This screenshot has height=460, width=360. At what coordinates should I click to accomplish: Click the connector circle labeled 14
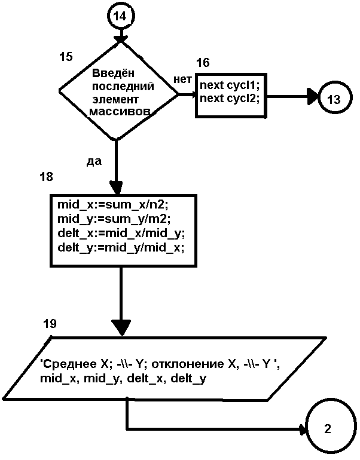(120, 16)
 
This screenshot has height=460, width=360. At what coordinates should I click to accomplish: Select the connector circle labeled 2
(327, 428)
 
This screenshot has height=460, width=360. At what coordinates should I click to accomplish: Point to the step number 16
(203, 63)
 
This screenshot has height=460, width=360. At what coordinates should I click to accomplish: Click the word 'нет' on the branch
(182, 79)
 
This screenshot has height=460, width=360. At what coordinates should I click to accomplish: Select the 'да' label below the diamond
(94, 161)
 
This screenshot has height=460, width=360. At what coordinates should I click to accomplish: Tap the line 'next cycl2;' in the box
(230, 98)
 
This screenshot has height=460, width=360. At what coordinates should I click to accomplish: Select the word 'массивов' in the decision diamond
(118, 112)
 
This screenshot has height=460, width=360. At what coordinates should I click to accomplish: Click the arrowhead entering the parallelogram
(121, 327)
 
